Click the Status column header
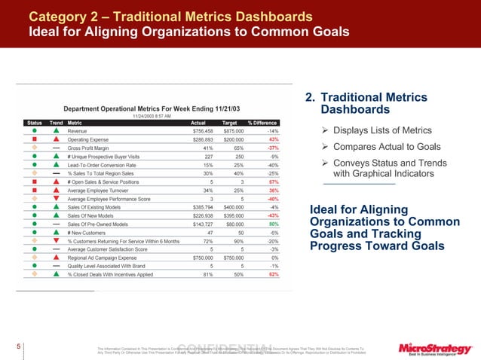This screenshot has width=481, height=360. [x=34, y=123]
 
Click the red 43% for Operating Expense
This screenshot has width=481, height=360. [x=274, y=140]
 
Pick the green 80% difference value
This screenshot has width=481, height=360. [x=274, y=224]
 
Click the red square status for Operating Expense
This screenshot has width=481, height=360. [x=35, y=140]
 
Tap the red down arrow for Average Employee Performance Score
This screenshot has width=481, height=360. [x=56, y=199]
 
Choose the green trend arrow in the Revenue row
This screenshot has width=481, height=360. [x=56, y=131]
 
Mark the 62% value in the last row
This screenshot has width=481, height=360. [x=274, y=274]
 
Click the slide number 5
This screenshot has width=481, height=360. [x=7, y=346]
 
